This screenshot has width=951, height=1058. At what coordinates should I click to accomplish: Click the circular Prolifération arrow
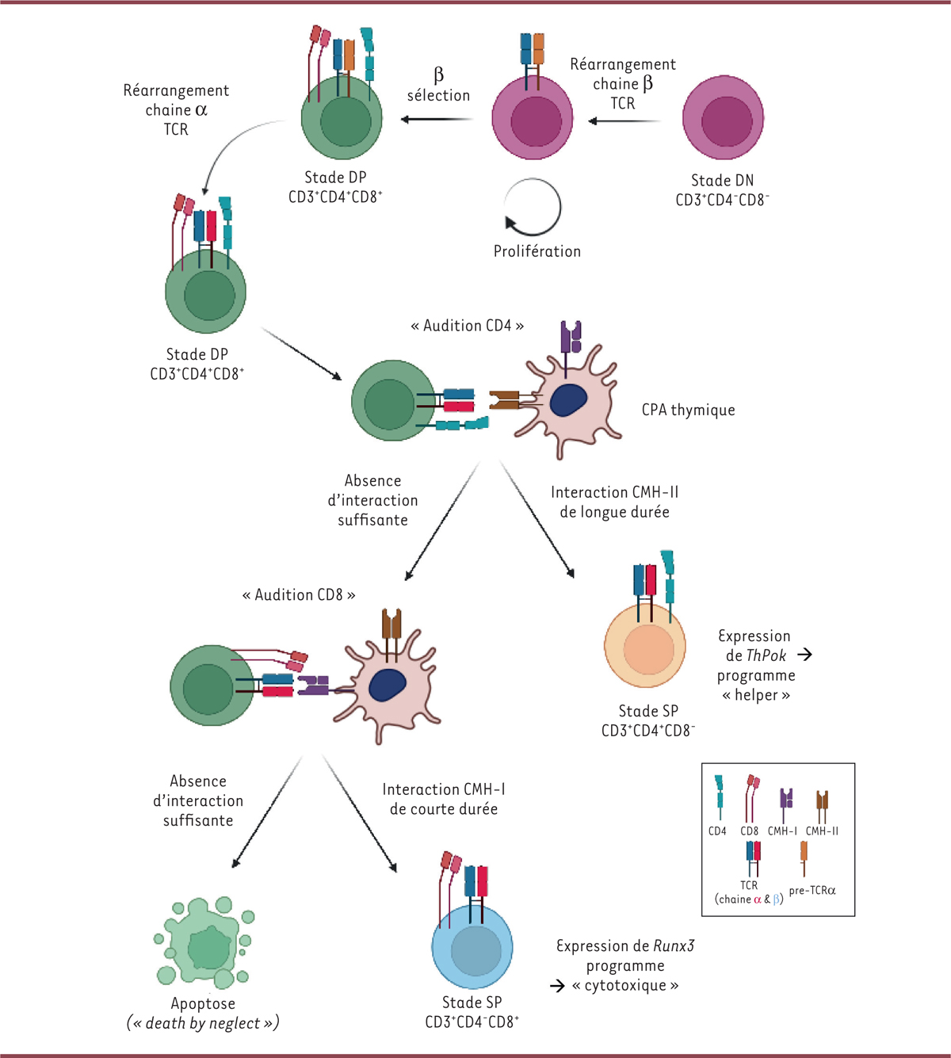(x=533, y=207)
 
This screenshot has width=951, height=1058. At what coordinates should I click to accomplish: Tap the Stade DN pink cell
(x=723, y=119)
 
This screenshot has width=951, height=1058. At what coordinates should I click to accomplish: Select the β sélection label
(x=438, y=86)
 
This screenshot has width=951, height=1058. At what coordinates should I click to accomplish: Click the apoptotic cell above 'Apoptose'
(x=205, y=943)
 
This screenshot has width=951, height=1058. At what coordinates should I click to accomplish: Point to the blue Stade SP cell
(x=473, y=947)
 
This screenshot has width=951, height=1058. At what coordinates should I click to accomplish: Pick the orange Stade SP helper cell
(x=645, y=647)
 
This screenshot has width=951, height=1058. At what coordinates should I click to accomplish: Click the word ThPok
(x=766, y=655)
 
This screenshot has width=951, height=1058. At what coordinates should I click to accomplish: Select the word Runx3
(x=674, y=945)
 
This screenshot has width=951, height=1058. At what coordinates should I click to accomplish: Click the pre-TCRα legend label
(x=812, y=891)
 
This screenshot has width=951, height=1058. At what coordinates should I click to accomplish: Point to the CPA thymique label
(x=688, y=410)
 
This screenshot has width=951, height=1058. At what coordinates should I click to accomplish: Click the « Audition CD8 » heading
(x=299, y=594)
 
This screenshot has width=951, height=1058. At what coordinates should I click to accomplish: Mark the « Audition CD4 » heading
(x=467, y=326)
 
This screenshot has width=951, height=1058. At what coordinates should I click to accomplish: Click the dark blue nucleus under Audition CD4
(x=568, y=400)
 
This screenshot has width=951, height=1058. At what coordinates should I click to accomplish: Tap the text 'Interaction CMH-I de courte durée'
(x=444, y=799)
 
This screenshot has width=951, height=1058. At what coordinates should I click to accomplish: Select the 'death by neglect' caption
(x=203, y=1023)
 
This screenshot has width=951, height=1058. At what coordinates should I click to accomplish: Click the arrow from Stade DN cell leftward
(x=624, y=121)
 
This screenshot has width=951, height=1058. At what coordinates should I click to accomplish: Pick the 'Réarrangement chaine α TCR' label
(x=176, y=109)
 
